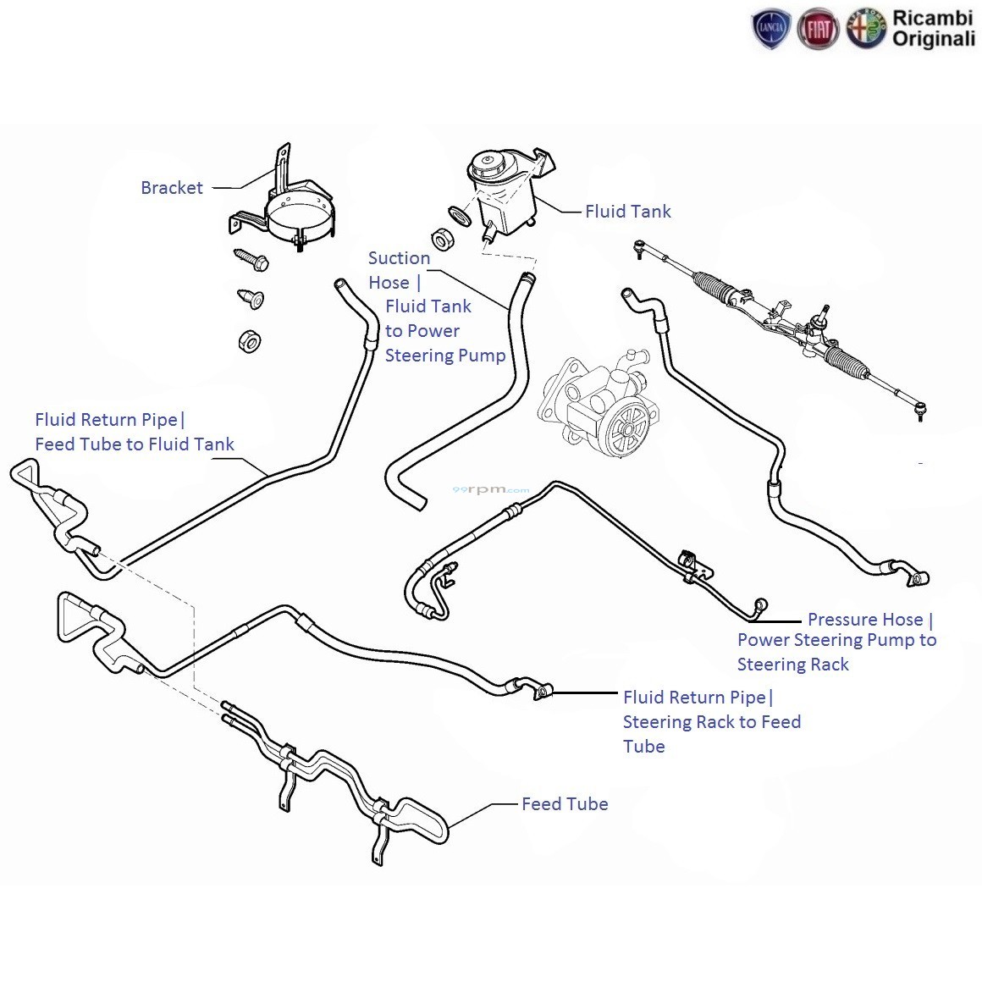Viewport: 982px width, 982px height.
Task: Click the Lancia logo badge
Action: [771, 30]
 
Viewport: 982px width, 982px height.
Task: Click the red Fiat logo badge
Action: [818, 30]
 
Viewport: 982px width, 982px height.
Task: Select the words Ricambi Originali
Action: [934, 29]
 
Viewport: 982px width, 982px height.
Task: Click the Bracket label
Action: [172, 188]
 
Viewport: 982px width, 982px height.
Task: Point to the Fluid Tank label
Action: [627, 212]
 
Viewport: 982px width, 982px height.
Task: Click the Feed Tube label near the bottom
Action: [565, 804]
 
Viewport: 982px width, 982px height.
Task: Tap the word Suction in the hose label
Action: [399, 258]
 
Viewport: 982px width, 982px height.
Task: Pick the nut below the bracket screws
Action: [249, 341]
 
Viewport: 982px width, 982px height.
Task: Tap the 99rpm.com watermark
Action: [491, 489]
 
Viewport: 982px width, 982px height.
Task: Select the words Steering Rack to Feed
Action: [711, 722]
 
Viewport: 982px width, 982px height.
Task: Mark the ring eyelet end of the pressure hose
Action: [762, 604]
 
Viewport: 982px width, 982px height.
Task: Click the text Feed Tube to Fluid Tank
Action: [135, 444]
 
